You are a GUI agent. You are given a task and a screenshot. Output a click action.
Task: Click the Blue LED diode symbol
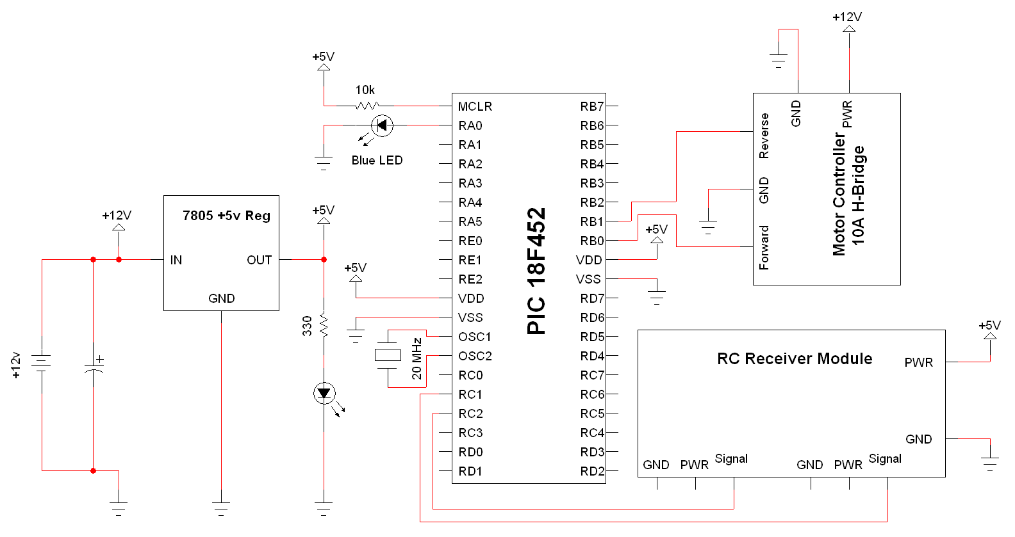click(382, 125)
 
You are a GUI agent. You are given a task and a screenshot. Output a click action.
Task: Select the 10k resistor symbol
click(367, 106)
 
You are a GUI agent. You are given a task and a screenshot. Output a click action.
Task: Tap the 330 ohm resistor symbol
click(324, 325)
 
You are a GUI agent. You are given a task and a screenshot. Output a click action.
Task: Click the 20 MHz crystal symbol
click(388, 355)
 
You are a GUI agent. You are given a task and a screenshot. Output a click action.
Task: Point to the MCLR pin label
click(475, 106)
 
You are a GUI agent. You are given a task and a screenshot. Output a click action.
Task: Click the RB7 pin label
click(591, 106)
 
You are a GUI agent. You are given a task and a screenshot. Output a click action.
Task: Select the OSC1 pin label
click(474, 337)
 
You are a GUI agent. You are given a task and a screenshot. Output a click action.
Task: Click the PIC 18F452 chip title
click(536, 271)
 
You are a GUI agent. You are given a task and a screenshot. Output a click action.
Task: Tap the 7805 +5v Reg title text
click(226, 216)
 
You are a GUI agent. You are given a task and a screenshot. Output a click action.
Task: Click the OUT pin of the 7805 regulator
click(259, 260)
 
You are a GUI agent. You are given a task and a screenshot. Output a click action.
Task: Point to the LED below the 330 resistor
click(324, 393)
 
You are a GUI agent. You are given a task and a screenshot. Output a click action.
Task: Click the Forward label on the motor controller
click(764, 247)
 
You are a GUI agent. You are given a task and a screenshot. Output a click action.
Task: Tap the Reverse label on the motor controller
click(764, 136)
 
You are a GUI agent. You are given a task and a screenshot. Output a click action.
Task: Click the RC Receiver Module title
click(795, 358)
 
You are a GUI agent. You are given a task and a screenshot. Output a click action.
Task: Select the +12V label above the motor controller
click(847, 17)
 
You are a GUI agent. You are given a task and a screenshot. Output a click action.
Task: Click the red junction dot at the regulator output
click(324, 259)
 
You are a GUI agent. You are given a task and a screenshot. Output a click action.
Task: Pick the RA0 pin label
click(470, 125)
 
